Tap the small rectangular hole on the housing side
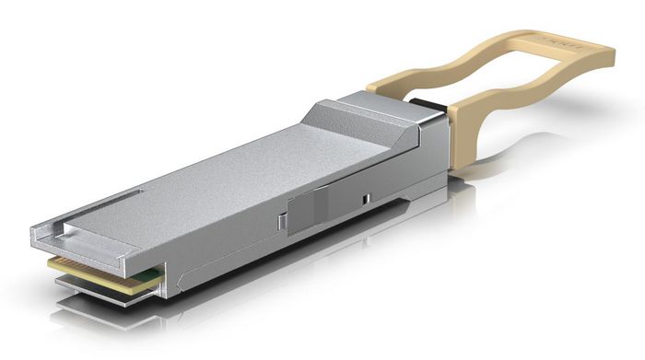click(x=366, y=199)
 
